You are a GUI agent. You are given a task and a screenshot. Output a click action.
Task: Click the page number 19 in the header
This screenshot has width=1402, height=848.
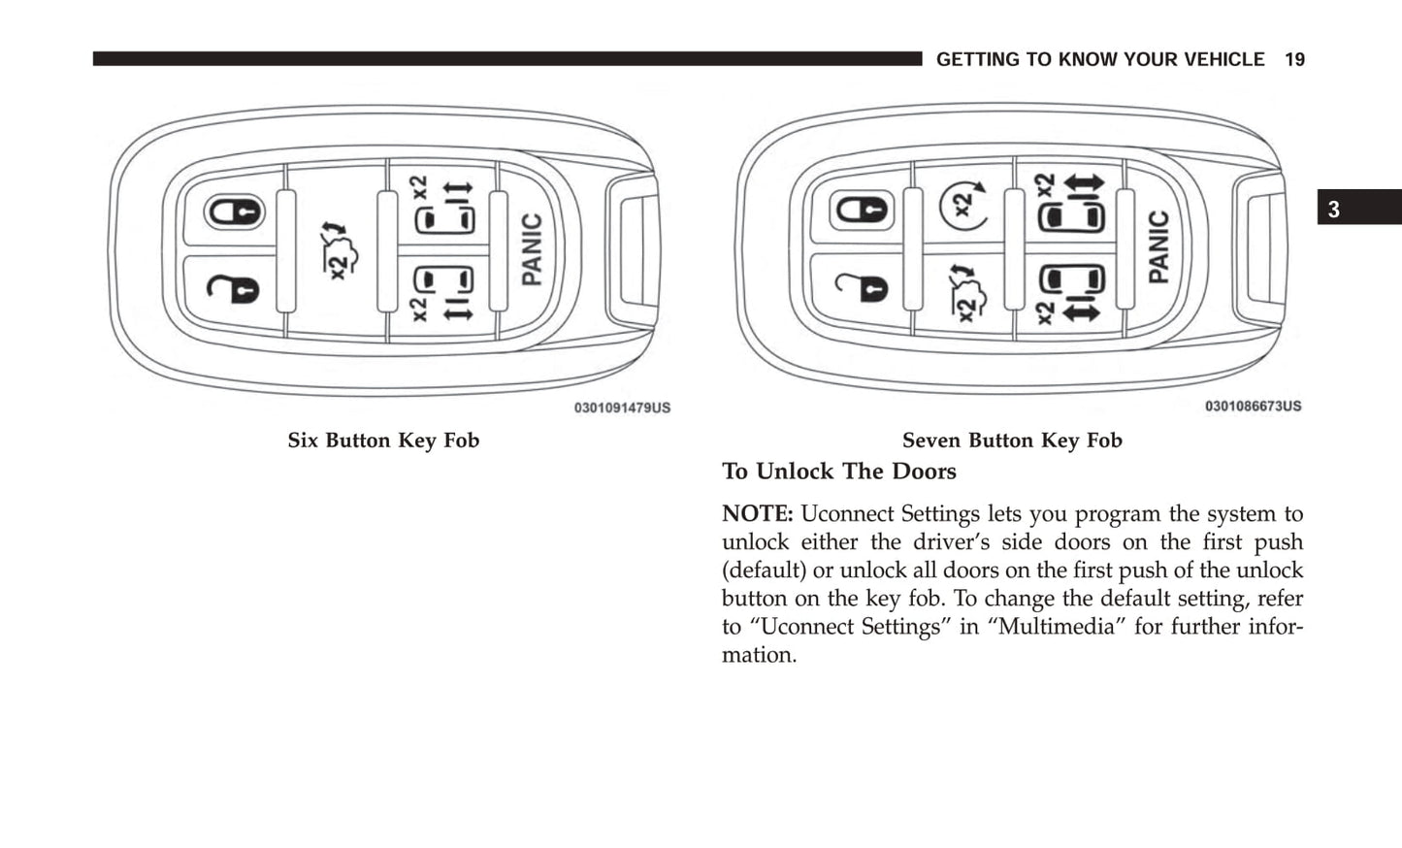(1294, 60)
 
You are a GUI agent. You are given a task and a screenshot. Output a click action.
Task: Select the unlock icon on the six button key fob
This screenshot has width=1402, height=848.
(234, 287)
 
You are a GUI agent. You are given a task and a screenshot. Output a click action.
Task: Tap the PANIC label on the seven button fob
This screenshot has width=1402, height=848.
(1159, 247)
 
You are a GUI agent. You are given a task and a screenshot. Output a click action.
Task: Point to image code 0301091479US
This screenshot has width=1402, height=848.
(622, 408)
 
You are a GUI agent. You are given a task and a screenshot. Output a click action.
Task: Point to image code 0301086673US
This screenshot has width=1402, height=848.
(1253, 407)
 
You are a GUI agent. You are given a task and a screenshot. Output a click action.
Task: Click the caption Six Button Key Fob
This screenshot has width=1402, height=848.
(383, 440)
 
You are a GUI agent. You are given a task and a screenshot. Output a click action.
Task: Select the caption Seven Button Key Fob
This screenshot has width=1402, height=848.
(1012, 440)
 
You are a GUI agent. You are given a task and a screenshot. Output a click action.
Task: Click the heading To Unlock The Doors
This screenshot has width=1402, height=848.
(839, 472)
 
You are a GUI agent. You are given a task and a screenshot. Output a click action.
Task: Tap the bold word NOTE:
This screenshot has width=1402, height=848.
(757, 514)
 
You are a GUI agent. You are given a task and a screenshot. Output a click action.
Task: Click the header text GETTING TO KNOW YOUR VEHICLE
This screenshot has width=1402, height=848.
(1100, 60)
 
